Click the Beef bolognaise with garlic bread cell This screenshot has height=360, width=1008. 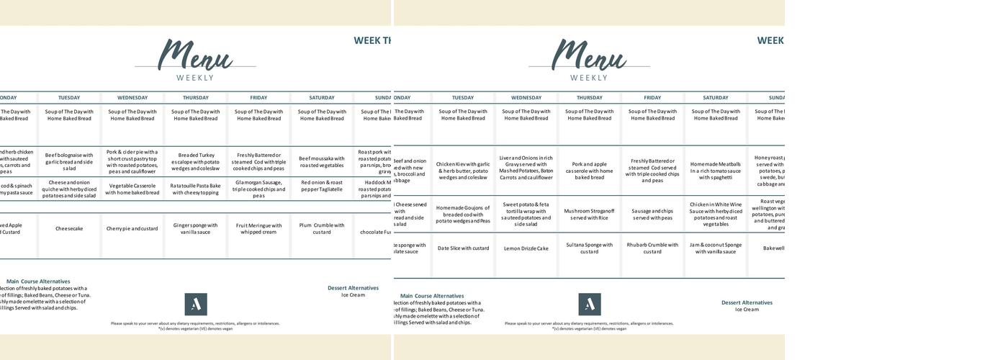(69, 161)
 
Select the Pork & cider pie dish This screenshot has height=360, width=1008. (132, 161)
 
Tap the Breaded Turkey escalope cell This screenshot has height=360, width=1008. (195, 161)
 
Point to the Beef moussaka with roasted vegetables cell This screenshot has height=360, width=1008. (322, 161)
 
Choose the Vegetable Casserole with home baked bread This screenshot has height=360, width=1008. (132, 189)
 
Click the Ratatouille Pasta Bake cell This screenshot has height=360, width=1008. (195, 189)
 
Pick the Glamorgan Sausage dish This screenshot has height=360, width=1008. (258, 189)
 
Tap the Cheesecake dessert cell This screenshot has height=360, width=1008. (69, 229)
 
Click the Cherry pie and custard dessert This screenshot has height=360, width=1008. (132, 229)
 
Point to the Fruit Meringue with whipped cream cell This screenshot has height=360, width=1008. (258, 228)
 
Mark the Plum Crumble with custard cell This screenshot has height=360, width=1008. (322, 228)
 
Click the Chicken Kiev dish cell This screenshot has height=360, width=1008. (463, 171)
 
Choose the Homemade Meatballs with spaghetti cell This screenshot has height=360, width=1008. (716, 171)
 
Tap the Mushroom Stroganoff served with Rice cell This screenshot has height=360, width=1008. (590, 215)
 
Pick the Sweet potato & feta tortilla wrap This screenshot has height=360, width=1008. (526, 214)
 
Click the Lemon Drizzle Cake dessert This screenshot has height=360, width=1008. (526, 248)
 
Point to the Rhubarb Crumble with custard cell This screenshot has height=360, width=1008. (652, 248)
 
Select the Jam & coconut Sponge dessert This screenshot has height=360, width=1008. (716, 248)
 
